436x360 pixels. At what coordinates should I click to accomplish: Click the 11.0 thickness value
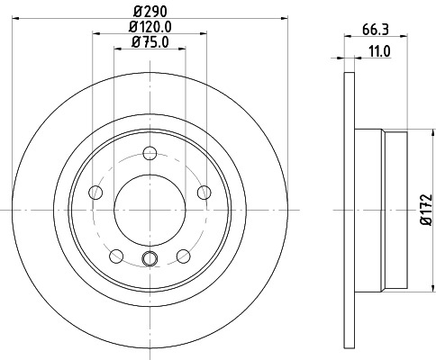point(379,52)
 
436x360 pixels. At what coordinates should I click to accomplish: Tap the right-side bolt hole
point(203,190)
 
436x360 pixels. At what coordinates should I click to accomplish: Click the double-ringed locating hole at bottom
point(150,261)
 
